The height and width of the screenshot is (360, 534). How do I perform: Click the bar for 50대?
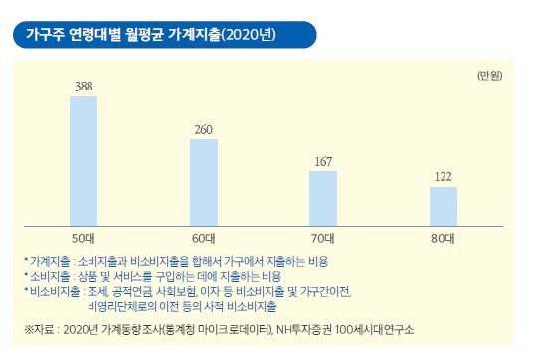point(84,159)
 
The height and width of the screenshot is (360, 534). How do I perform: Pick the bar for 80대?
point(443,205)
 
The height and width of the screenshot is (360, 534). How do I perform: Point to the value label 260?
point(204,130)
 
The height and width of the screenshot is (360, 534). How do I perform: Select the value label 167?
point(323,162)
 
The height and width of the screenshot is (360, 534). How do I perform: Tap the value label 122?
point(443,178)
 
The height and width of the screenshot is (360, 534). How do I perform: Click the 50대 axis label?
point(84,238)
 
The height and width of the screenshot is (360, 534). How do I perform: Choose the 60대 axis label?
point(204,238)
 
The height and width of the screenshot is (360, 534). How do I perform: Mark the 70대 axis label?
point(323,238)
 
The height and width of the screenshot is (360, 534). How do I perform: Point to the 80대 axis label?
point(443,238)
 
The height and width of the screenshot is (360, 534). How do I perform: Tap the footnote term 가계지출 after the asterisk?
point(47,260)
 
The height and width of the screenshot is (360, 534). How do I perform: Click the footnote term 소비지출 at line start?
point(47,274)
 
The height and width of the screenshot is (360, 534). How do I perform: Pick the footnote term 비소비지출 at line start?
point(51,290)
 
